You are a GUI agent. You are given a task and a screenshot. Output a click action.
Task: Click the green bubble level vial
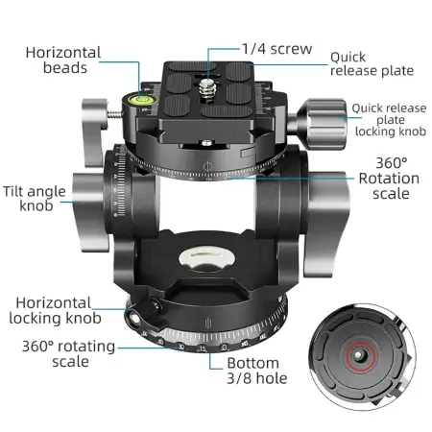(140, 99)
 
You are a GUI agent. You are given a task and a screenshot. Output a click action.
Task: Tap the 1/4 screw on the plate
(207, 90)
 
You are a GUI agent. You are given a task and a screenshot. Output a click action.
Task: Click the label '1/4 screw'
(276, 49)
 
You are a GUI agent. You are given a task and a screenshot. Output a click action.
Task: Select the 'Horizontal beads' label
(63, 60)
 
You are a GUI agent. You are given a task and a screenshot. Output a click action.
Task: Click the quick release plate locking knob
(321, 122)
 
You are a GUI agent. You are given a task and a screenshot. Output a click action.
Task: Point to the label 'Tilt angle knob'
(35, 199)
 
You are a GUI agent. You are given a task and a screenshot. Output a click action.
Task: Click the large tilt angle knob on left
(89, 212)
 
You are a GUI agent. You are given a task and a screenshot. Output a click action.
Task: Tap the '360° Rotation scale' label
(389, 179)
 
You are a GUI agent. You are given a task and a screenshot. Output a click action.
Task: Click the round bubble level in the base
(207, 258)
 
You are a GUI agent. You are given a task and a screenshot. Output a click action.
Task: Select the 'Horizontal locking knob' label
(54, 311)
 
